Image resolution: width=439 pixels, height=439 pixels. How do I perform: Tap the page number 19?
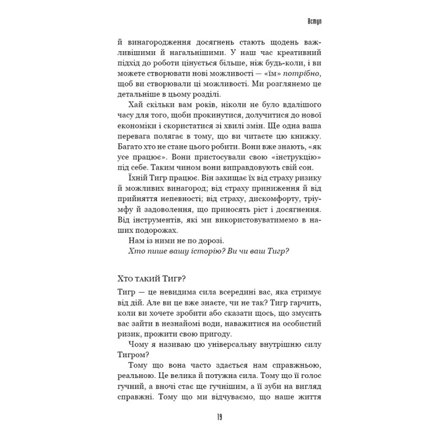[x=219, y=417]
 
